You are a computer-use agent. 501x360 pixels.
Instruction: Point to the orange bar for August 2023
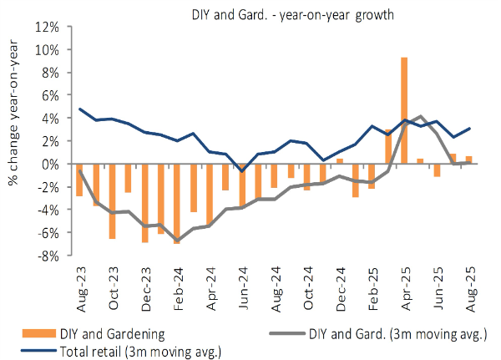79,180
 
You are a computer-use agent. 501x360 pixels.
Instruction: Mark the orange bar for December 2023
144,203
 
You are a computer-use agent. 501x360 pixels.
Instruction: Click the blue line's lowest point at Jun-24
242,170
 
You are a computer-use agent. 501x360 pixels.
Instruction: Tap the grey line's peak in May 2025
421,116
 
